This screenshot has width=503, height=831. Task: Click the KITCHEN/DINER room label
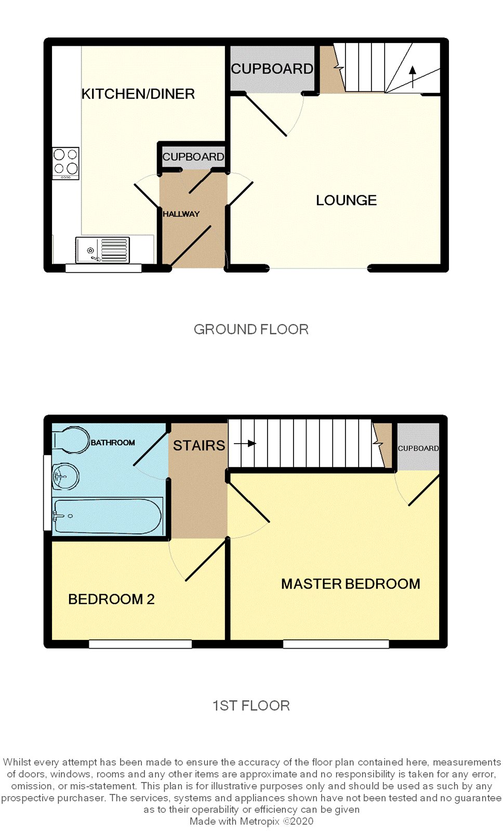(x=138, y=94)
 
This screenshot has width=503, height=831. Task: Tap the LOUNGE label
(x=347, y=200)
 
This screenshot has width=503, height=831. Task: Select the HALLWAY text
(x=181, y=214)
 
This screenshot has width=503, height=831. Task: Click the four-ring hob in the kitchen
(x=65, y=163)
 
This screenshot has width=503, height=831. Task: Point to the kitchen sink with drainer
(x=102, y=250)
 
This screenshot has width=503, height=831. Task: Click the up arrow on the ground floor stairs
(x=413, y=77)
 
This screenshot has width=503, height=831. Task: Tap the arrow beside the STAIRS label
(x=245, y=444)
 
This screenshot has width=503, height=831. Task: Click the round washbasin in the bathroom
(x=65, y=476)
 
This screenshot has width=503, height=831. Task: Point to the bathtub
(x=107, y=516)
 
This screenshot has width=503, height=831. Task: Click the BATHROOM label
(x=113, y=443)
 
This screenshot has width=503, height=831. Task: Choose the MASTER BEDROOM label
(x=350, y=584)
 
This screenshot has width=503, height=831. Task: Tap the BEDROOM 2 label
(x=111, y=599)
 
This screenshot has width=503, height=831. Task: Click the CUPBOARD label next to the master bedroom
(x=418, y=448)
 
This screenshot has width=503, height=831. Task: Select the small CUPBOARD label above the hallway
(x=193, y=157)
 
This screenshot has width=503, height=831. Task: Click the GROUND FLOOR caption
(x=251, y=329)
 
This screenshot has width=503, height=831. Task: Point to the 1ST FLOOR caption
(x=251, y=706)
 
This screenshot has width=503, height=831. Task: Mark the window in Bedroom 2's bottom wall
(x=140, y=644)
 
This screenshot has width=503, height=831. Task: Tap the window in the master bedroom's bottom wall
(x=336, y=644)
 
